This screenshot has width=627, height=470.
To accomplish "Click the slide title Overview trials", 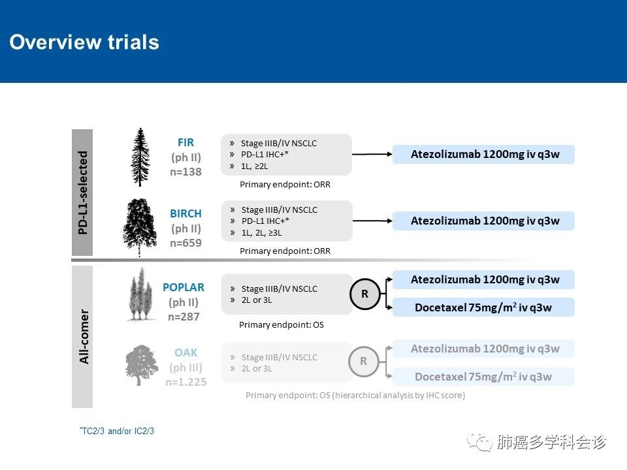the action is pyautogui.click(x=84, y=42).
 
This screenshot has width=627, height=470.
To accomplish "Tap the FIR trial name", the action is pyautogui.click(x=185, y=143).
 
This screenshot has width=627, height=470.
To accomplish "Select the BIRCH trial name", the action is pyautogui.click(x=185, y=214).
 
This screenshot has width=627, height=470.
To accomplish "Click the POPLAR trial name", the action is pyautogui.click(x=184, y=287).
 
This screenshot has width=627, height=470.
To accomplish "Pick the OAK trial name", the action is pyautogui.click(x=186, y=353).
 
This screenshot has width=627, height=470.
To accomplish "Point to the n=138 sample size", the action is pyautogui.click(x=185, y=172).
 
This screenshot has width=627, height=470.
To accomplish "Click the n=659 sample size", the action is pyautogui.click(x=185, y=243).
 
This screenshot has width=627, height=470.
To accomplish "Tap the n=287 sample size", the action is pyautogui.click(x=184, y=317).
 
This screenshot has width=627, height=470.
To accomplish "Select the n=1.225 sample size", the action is pyautogui.click(x=186, y=382).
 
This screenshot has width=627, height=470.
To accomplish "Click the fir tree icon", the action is pyautogui.click(x=140, y=157).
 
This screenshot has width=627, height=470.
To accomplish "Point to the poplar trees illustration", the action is pyautogui.click(x=140, y=295).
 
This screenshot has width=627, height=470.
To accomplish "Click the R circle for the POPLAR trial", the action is pyautogui.click(x=364, y=294).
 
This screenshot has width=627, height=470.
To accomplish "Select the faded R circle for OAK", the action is pyautogui.click(x=364, y=361).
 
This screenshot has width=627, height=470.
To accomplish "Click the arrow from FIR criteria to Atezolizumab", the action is pyautogui.click(x=372, y=154).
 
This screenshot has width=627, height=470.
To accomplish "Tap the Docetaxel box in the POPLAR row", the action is pyautogui.click(x=483, y=307).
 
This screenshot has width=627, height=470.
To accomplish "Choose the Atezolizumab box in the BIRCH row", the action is pyautogui.click(x=483, y=221).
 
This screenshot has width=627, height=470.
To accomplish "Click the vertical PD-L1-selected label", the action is pyautogui.click(x=82, y=193).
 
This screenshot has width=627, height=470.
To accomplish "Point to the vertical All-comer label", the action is pyautogui.click(x=83, y=337).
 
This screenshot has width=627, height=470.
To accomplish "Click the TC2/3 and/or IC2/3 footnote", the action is pyautogui.click(x=117, y=431).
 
